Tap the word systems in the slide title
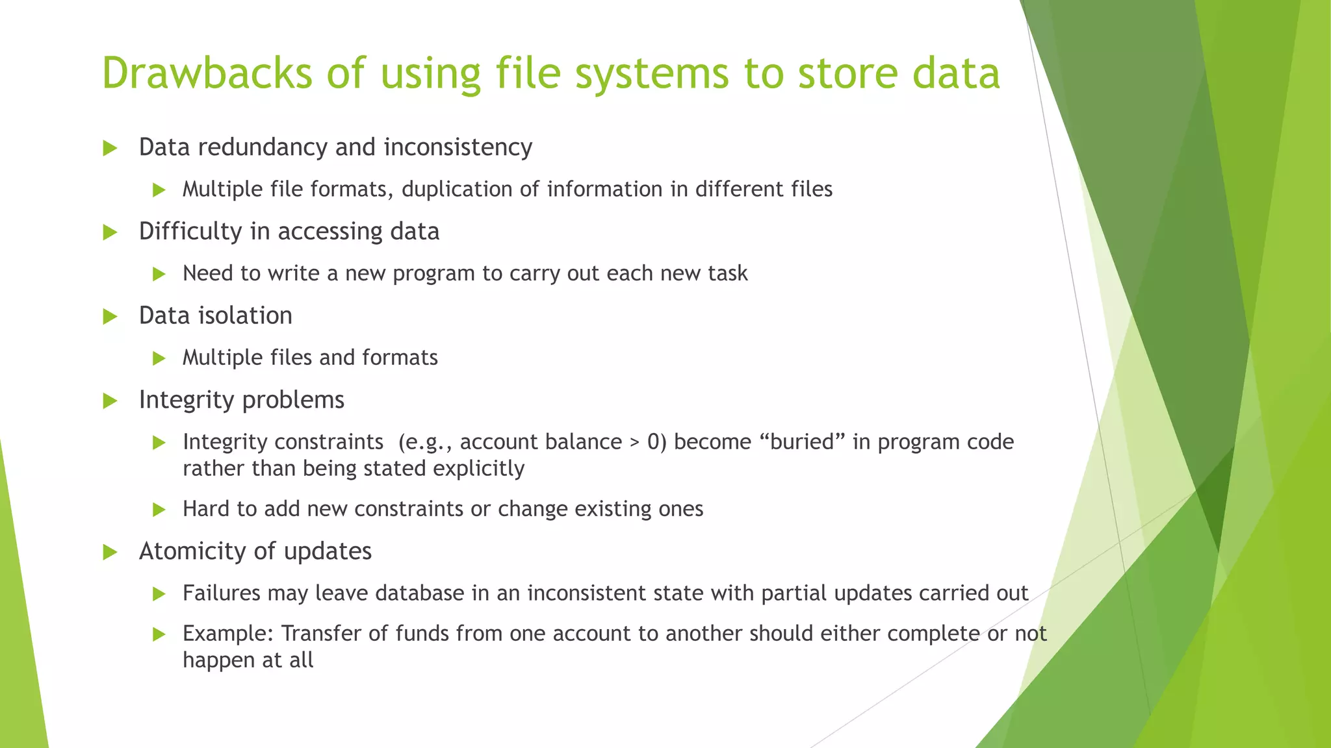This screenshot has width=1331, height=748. pyautogui.click(x=652, y=73)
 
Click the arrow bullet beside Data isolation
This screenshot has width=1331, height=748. pyautogui.click(x=110, y=317)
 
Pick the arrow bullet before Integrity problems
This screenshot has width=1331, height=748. pyautogui.click(x=110, y=401)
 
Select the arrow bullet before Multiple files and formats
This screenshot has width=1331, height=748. pyautogui.click(x=159, y=358)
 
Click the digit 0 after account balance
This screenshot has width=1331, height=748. pyautogui.click(x=653, y=442)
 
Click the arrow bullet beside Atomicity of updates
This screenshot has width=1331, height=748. pyautogui.click(x=110, y=553)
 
